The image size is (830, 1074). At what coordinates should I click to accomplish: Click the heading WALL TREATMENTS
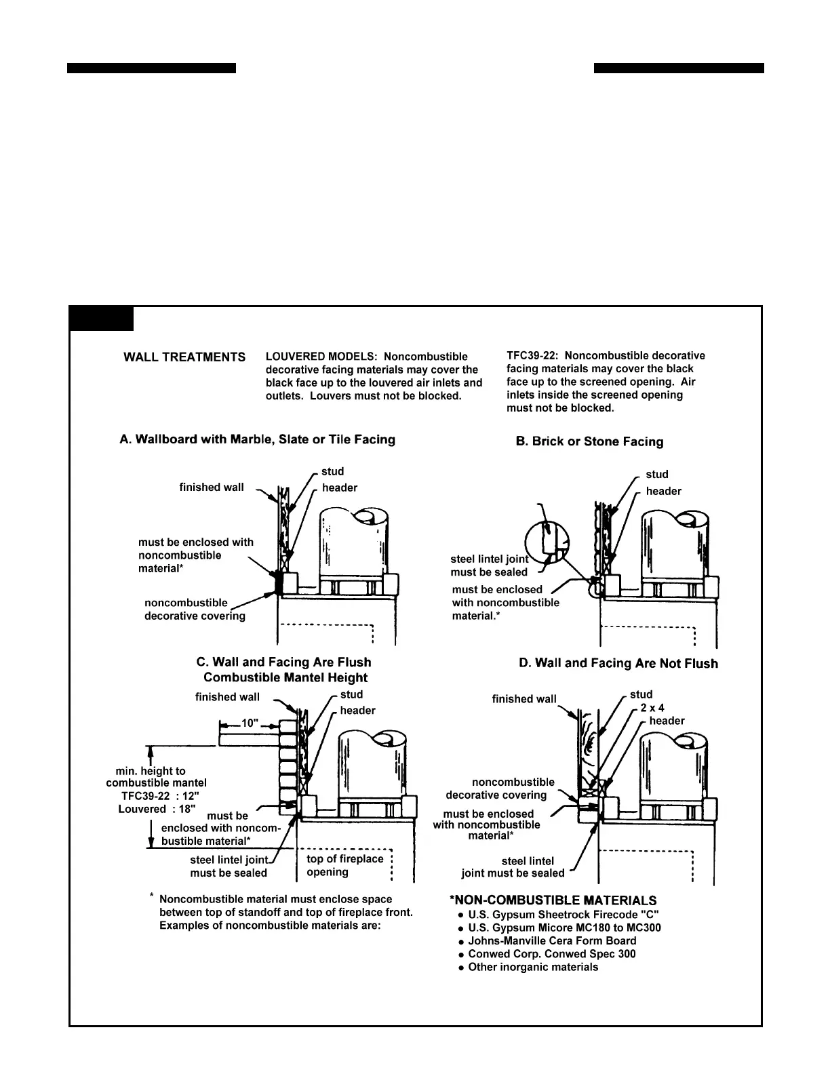click(x=184, y=357)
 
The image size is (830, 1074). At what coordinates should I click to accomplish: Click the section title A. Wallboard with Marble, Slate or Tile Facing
click(x=257, y=439)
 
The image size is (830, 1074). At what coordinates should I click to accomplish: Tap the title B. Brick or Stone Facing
click(x=589, y=441)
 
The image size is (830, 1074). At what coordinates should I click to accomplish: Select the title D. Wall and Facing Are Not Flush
click(x=618, y=663)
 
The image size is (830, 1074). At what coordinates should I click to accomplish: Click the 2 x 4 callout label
click(x=652, y=708)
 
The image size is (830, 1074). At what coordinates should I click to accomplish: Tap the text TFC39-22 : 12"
click(x=160, y=796)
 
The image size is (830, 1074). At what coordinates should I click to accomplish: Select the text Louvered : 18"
click(x=157, y=809)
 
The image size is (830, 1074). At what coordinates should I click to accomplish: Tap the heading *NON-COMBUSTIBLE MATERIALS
click(x=553, y=900)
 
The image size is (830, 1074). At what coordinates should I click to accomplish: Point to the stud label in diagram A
click(x=332, y=471)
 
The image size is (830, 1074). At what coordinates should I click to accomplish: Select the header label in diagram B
click(x=663, y=491)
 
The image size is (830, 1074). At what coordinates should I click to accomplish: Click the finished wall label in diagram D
click(x=524, y=699)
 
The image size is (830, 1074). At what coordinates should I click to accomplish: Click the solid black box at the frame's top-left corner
click(x=102, y=319)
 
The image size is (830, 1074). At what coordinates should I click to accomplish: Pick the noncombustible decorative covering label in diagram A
click(x=195, y=610)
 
